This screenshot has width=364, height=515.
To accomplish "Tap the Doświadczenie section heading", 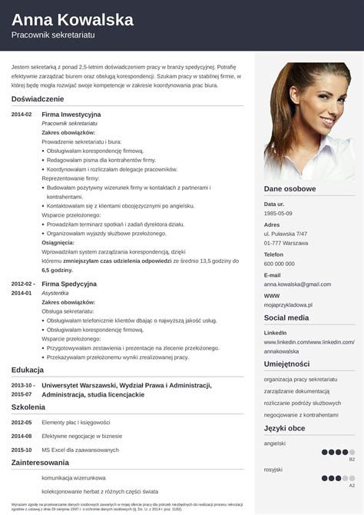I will (x=38, y=98).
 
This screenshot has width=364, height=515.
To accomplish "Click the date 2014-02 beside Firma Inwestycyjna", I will (x=22, y=115).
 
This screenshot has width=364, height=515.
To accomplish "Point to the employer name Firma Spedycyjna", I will (x=69, y=284).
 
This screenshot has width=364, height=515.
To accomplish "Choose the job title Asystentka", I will (x=55, y=293).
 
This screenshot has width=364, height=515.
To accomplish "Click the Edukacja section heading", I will (x=28, y=370).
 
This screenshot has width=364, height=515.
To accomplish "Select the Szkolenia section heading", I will (x=28, y=407).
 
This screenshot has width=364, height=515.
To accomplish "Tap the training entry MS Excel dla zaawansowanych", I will (x=80, y=450).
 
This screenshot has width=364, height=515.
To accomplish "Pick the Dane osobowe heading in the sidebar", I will (x=290, y=188).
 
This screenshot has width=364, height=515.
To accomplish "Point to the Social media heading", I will (x=286, y=317).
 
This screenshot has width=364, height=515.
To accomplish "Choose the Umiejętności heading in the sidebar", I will (x=286, y=364).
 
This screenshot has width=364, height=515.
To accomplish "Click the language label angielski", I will (x=275, y=444).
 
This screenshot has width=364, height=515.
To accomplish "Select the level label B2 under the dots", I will (x=352, y=459).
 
